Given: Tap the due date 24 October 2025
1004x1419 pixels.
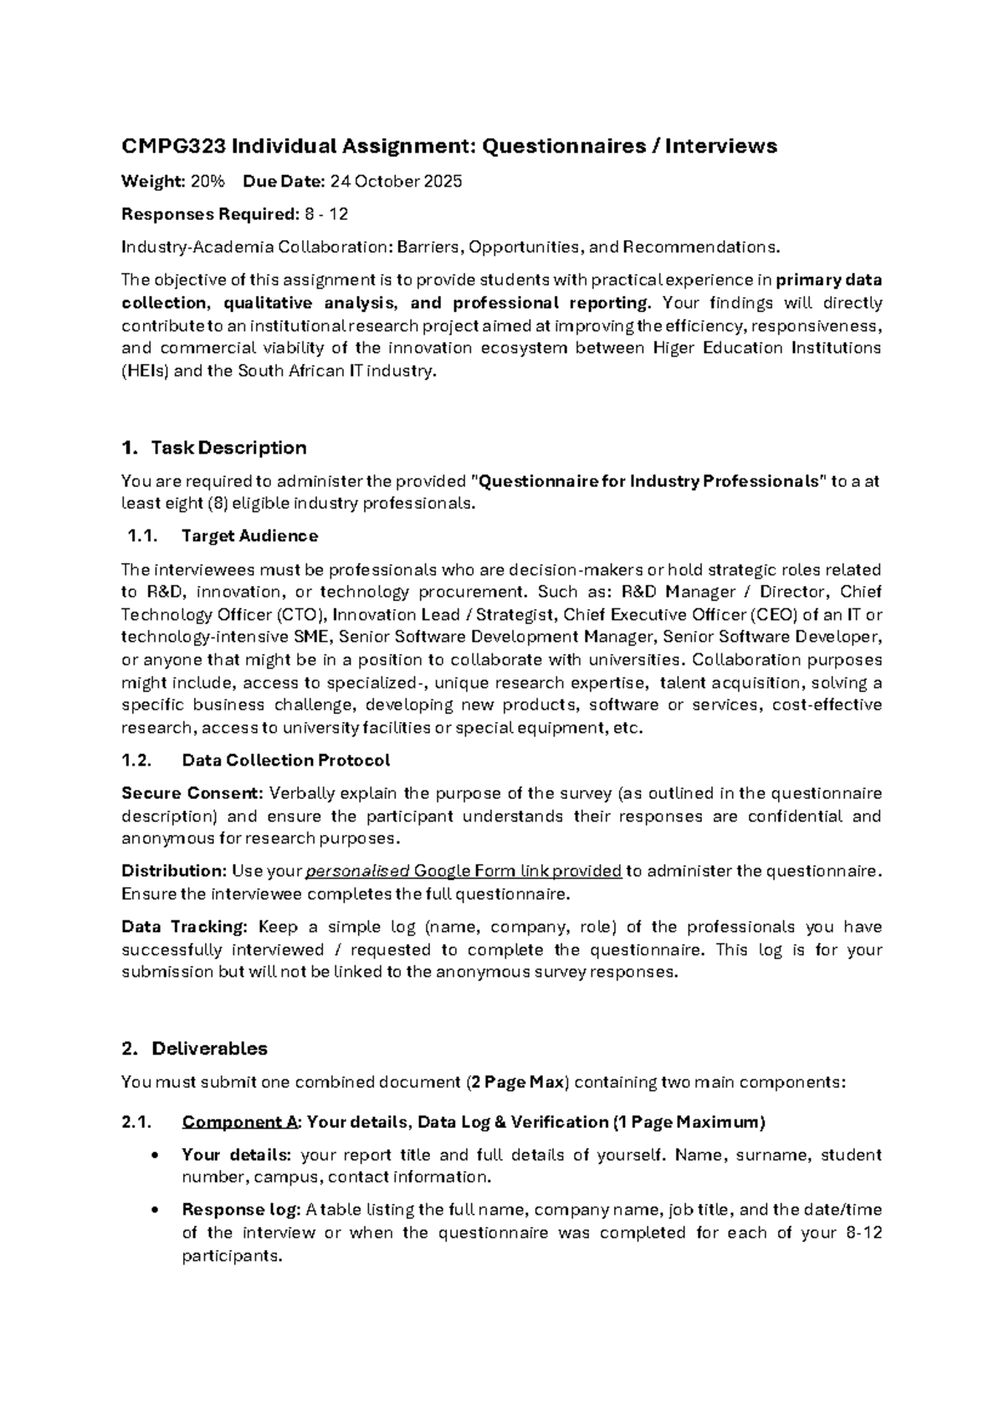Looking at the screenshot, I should [397, 182].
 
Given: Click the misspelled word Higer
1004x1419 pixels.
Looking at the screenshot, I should [674, 348].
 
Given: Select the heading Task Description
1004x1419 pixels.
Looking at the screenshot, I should [228, 448].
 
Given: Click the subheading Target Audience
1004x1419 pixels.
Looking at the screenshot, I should [249, 535].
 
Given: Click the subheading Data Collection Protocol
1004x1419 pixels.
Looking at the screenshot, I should [285, 761].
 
